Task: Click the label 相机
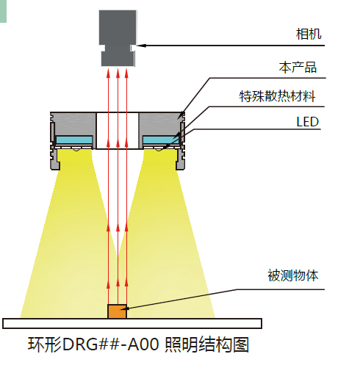point(309,34)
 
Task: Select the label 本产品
point(298,67)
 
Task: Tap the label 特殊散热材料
point(277,96)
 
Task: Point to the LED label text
point(307,122)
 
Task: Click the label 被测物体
point(293,275)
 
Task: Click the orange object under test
point(117,311)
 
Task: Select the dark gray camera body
point(118,38)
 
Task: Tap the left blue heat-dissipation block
point(74,140)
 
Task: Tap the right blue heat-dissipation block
point(161,140)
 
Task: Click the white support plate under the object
point(132,323)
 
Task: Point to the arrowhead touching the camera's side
point(141,46)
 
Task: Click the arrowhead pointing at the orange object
point(130,308)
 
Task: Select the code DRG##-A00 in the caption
point(111,344)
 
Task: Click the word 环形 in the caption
point(44,344)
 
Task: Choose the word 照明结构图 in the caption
point(207,344)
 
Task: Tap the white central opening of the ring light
point(118,131)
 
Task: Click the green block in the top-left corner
point(3,11)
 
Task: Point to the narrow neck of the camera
point(118,48)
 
